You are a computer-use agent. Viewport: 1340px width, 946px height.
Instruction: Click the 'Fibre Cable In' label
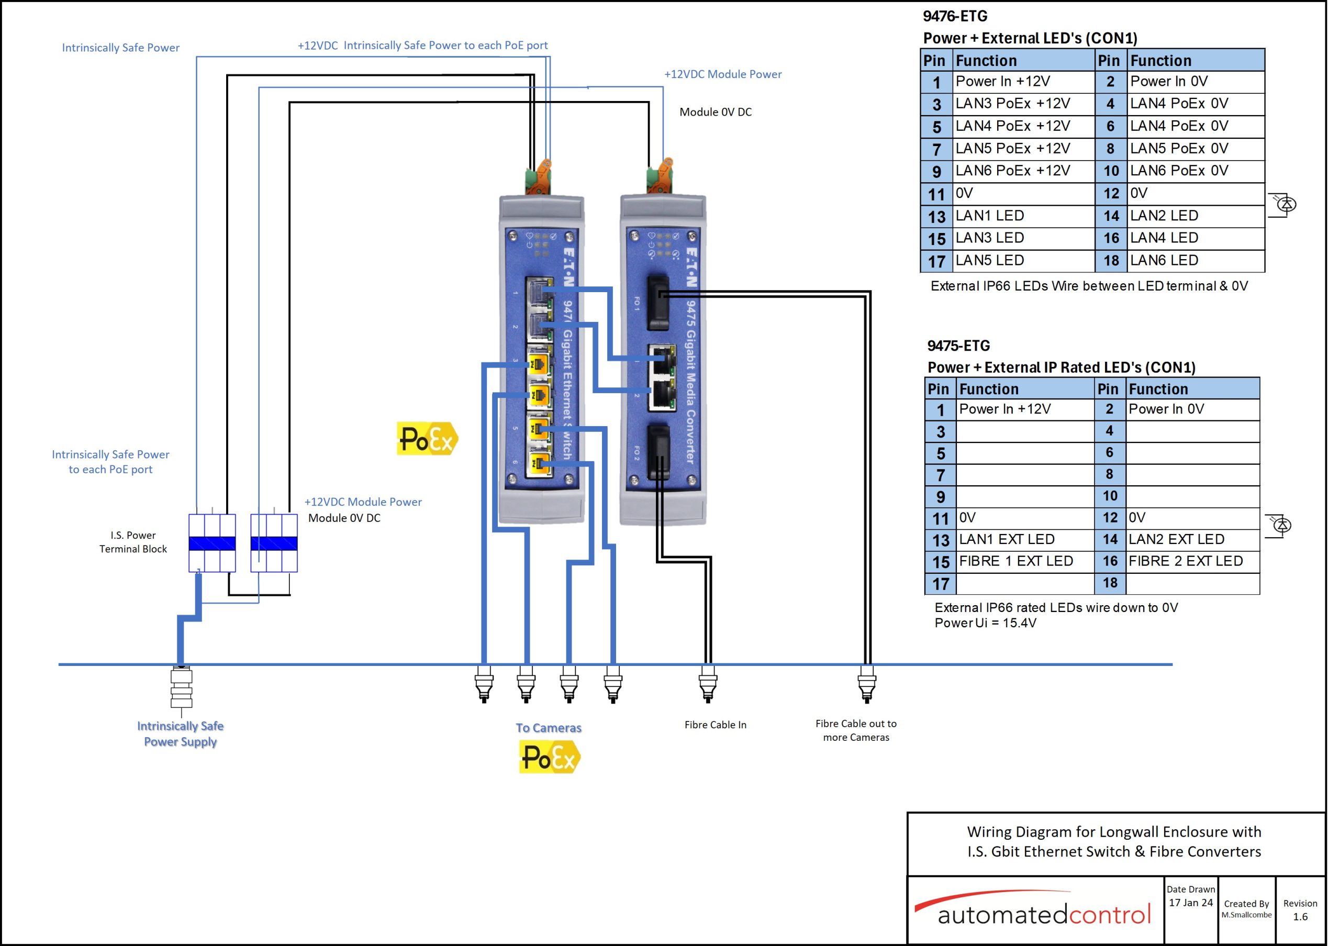(715, 725)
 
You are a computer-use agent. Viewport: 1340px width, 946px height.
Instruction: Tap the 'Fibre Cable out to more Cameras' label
(856, 731)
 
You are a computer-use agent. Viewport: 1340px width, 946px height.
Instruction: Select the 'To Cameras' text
(549, 728)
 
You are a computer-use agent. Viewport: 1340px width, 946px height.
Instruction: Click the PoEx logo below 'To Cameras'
(550, 758)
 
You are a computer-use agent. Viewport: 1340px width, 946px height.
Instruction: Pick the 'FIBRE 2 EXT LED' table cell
(1192, 561)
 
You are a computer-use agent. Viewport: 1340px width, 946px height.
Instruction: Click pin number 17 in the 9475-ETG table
(940, 584)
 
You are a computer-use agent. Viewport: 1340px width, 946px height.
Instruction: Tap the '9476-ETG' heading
(955, 16)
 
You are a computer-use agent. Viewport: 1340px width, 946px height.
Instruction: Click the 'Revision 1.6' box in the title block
(1300, 910)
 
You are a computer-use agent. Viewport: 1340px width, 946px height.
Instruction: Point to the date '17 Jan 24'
(1191, 903)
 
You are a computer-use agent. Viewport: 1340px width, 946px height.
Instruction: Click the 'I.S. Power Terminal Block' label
(133, 542)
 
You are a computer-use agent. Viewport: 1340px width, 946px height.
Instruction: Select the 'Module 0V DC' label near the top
(716, 112)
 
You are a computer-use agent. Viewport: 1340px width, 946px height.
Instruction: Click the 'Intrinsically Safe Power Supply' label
(181, 733)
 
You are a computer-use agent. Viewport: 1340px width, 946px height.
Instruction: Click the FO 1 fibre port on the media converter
(659, 302)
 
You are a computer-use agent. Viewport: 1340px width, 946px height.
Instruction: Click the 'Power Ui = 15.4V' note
(986, 624)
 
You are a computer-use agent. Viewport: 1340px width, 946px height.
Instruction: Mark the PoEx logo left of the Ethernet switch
(427, 439)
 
